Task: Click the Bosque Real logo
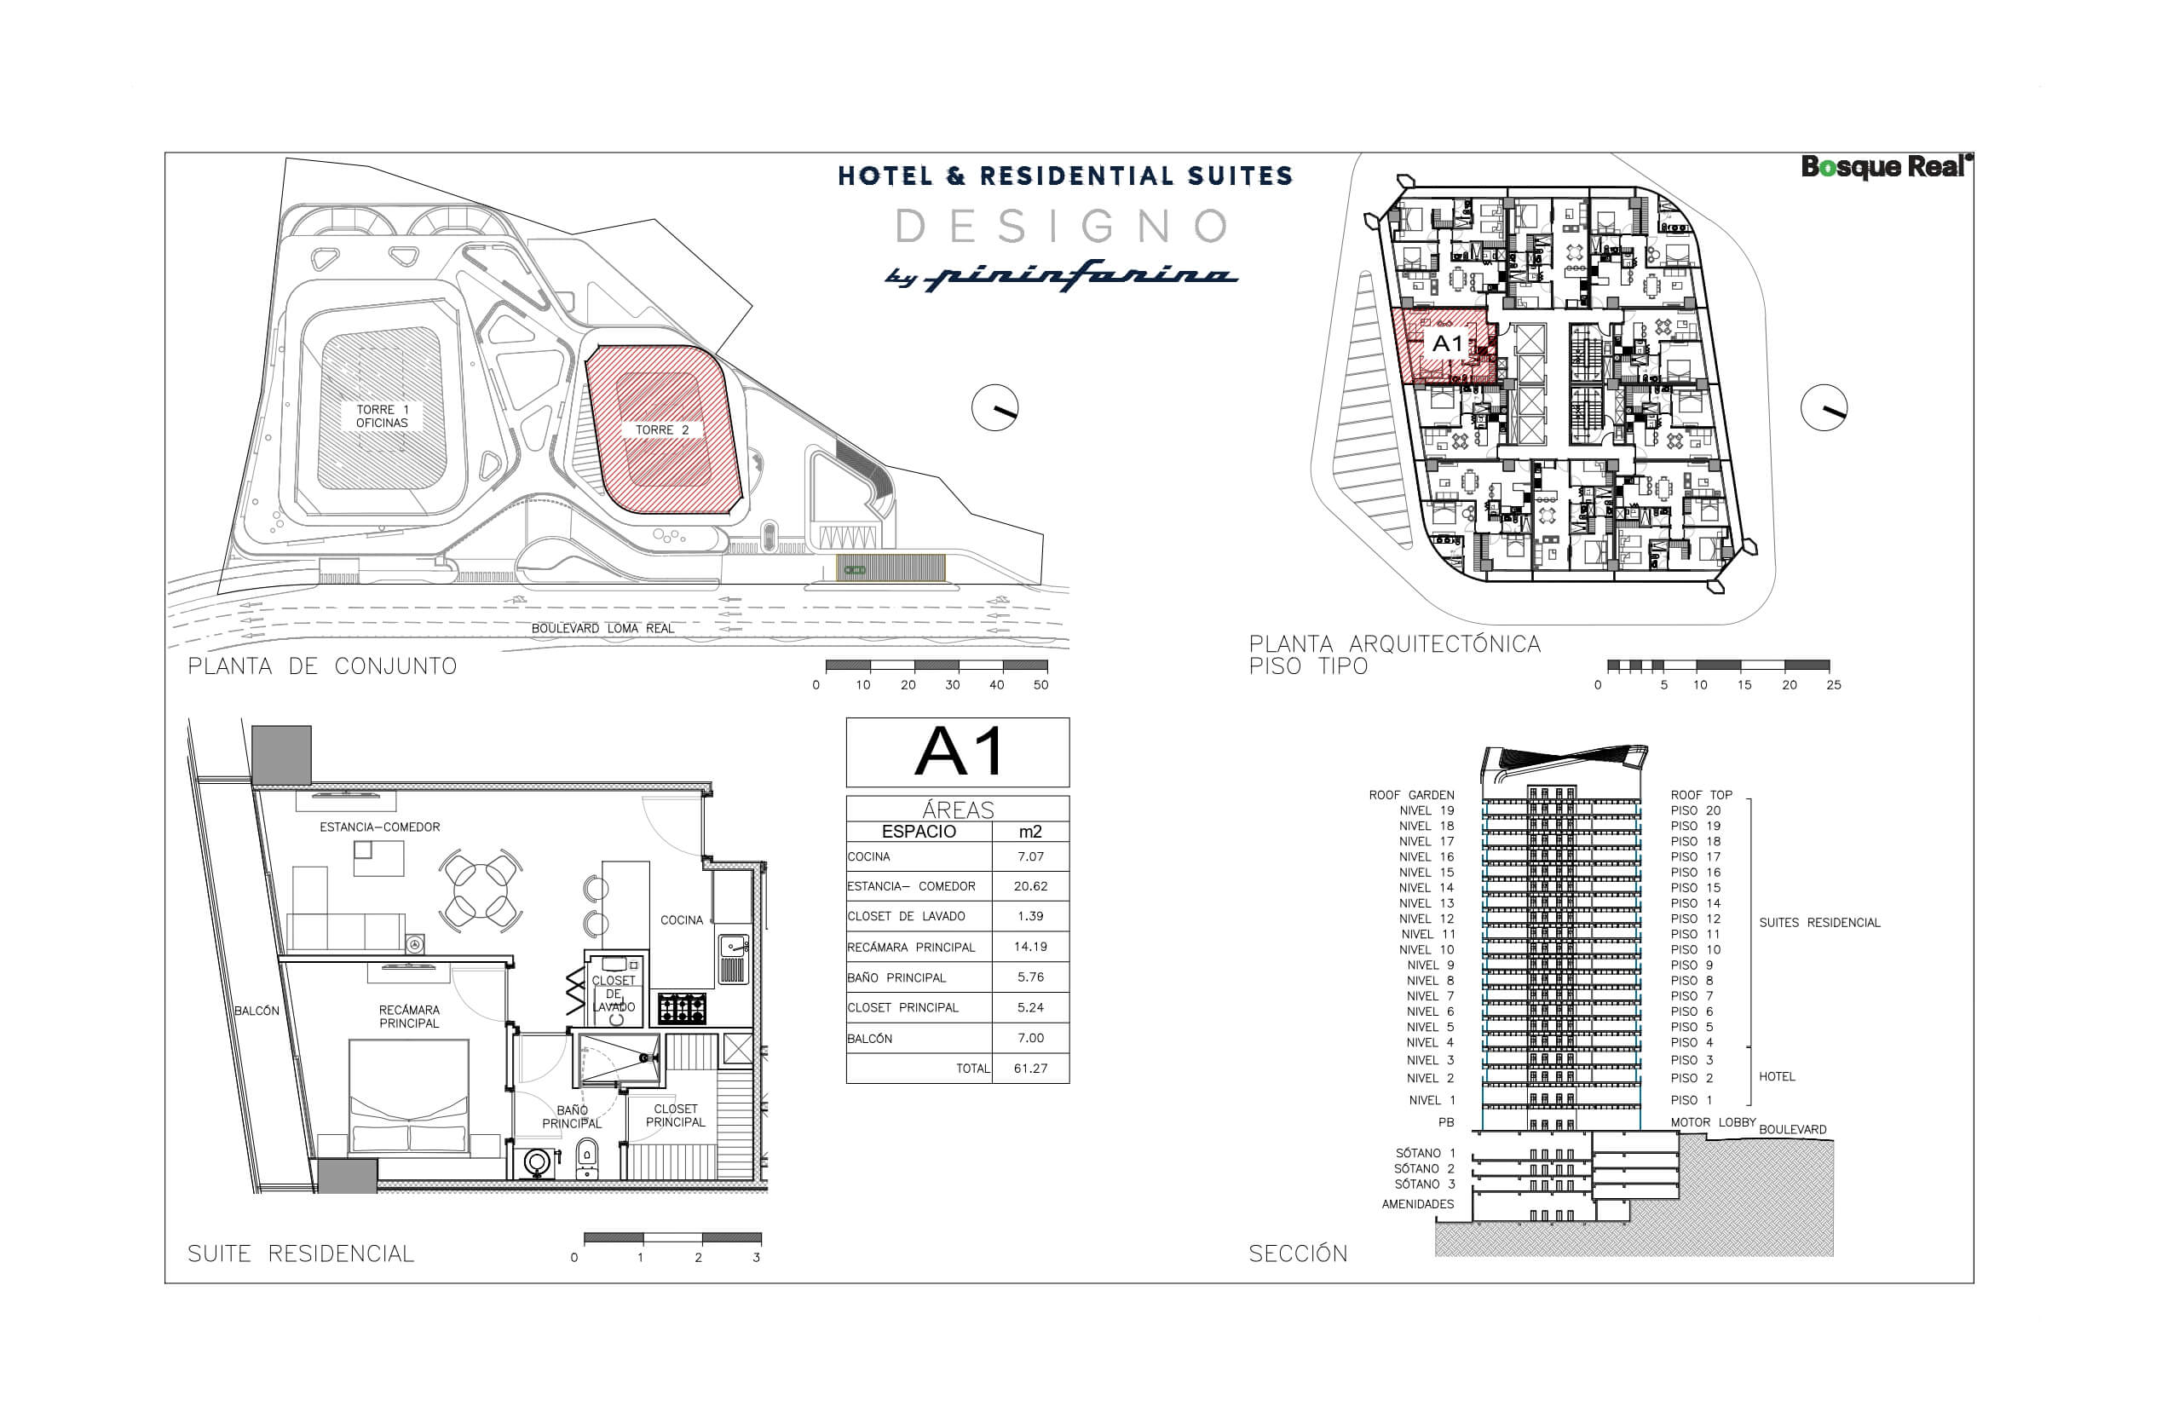1885,167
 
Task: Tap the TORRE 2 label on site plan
662,430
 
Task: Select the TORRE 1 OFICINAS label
382,417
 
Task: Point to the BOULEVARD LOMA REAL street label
602,629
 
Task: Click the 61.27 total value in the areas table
1030,1069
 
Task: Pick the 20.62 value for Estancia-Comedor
1030,886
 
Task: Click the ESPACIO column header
919,832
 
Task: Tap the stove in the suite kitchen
681,1009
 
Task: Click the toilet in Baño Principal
587,1157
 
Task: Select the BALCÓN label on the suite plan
256,1011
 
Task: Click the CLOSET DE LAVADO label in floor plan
613,994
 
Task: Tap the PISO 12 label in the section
1695,919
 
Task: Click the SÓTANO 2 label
1423,1169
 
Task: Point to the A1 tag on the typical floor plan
1447,344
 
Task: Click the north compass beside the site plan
994,408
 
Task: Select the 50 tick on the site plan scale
1040,685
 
